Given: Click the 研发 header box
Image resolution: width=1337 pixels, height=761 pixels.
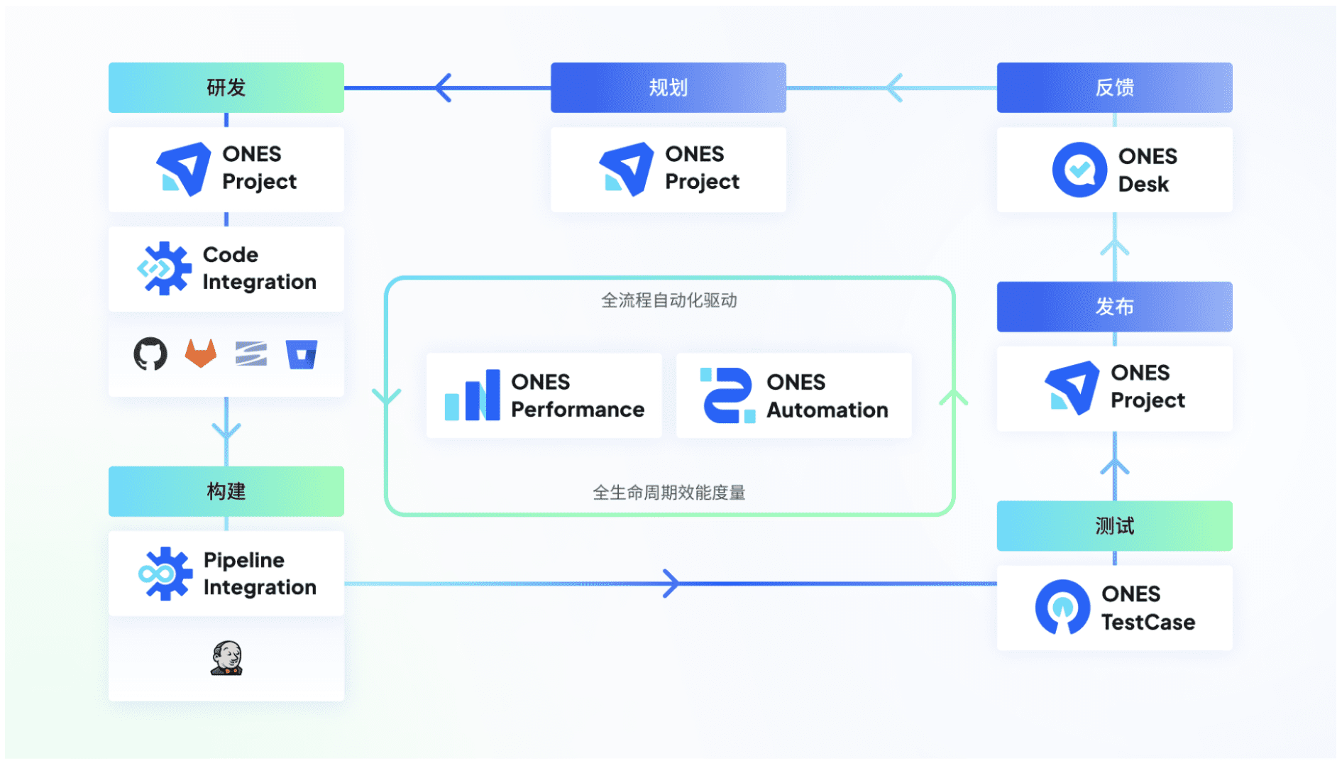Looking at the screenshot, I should tap(226, 87).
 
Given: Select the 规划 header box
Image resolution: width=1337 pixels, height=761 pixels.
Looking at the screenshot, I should tap(668, 87).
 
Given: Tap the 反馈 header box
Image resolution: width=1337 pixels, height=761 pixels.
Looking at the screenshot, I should tap(1113, 87).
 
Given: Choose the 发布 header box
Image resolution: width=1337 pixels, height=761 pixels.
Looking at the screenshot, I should tap(1113, 307).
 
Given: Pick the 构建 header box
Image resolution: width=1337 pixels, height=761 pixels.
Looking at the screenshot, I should tap(226, 491).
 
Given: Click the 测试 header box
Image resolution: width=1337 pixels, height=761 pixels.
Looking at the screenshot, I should tap(1113, 526).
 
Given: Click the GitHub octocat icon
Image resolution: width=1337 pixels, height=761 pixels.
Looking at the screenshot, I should tap(150, 354).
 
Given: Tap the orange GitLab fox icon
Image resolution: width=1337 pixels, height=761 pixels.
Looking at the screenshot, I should tap(201, 353).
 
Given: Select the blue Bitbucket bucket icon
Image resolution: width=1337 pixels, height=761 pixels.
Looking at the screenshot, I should tap(302, 354).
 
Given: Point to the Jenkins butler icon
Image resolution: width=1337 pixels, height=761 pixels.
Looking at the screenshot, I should tap(227, 658).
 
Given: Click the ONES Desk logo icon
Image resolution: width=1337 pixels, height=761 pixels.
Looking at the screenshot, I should tap(1079, 170).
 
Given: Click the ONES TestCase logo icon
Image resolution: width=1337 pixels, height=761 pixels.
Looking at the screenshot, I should tap(1062, 607).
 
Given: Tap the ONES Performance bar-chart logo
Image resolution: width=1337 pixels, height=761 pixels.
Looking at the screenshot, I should tap(472, 395).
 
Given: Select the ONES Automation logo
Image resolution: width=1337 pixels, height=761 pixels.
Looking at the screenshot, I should tap(727, 395).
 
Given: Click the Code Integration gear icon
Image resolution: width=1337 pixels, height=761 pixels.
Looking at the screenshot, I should tap(165, 268).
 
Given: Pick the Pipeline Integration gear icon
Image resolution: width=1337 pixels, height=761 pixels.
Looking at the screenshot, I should tap(165, 574).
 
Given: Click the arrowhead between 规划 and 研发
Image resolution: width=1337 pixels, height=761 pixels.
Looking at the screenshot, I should tap(444, 88).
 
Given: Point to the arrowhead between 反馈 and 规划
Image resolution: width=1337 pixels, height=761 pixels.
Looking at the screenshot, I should tap(895, 88).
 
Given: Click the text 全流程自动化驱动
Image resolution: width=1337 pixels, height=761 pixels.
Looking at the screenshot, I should tap(668, 300).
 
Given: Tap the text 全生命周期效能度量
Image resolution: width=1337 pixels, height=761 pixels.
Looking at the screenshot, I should tap(668, 493).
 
